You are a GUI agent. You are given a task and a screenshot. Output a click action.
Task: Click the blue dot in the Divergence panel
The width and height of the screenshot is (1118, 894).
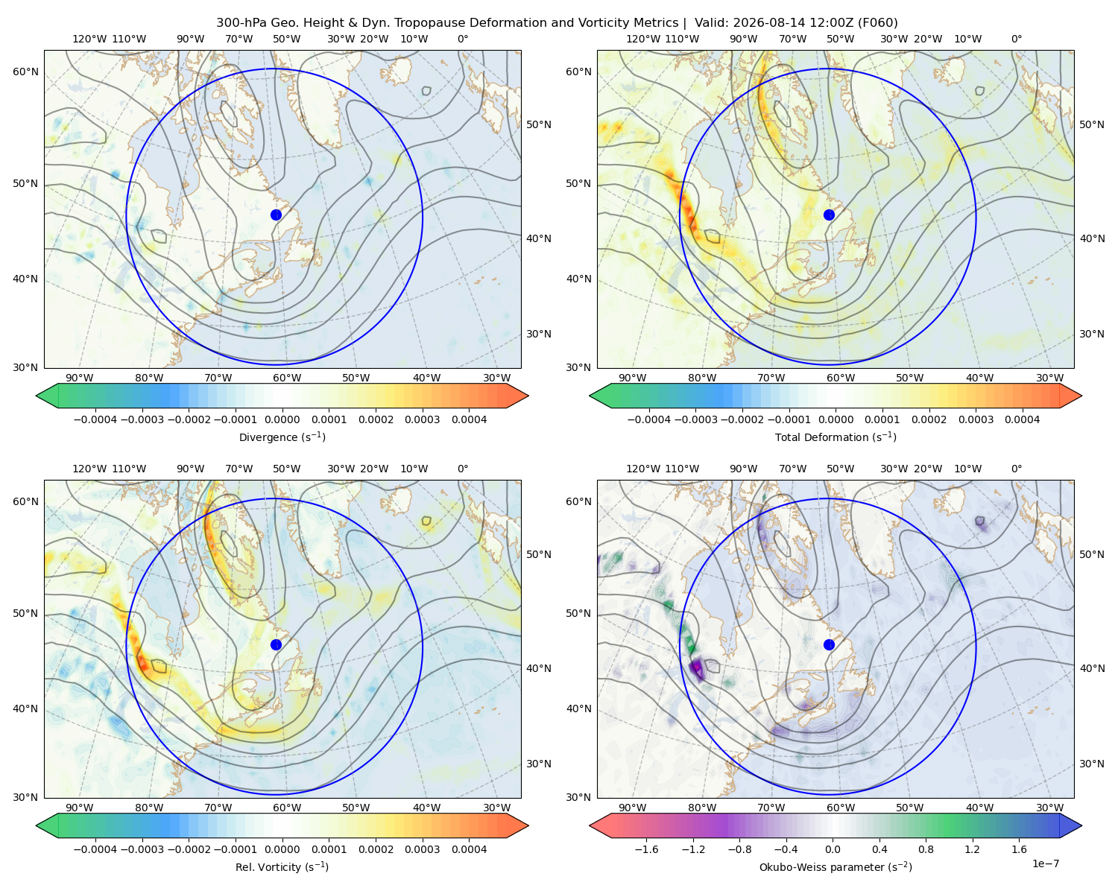[x=276, y=215]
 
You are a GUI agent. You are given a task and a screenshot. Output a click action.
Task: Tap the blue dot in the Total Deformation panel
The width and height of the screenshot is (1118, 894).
[x=829, y=215]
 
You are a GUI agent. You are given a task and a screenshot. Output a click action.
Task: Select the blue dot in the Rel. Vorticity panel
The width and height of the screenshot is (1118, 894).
[x=276, y=644]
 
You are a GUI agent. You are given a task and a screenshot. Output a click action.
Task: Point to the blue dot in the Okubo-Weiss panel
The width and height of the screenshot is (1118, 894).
[x=829, y=644]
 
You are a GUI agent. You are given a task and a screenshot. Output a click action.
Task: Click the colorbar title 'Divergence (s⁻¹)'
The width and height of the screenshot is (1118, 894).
[x=282, y=437]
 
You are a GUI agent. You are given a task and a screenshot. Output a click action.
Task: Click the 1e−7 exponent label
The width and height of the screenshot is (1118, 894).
[x=1045, y=863]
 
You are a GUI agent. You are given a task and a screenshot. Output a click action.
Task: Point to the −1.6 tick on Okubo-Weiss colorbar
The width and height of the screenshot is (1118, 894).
[x=646, y=849]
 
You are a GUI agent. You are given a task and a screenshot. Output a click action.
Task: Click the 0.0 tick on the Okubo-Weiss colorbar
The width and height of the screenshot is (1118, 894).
[x=833, y=849]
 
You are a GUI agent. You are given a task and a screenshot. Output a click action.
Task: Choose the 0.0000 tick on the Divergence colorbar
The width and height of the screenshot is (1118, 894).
[x=282, y=419]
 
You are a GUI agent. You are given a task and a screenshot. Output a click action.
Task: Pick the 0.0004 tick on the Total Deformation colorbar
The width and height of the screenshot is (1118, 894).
[x=1022, y=419]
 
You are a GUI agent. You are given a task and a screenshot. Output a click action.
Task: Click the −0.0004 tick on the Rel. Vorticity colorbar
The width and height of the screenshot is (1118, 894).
[x=95, y=849]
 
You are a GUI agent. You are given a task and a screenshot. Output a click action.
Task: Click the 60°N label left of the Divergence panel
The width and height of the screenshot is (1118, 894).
[x=25, y=72]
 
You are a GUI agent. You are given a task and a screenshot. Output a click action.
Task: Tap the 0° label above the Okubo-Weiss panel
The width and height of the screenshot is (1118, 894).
[x=1016, y=469]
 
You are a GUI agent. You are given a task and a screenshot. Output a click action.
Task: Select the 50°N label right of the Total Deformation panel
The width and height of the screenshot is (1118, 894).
[x=1091, y=124]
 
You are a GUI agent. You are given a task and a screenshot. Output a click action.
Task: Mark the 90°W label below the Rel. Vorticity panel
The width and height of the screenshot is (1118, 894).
[x=80, y=808]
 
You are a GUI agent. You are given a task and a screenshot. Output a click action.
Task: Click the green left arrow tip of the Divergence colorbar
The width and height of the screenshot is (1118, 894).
[x=37, y=396]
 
